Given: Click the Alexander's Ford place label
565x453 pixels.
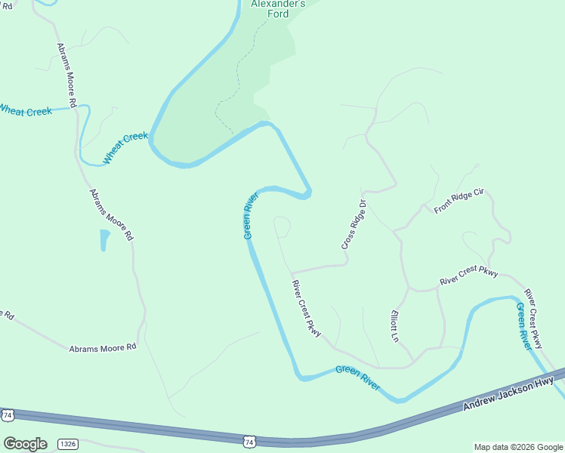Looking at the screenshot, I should point(278,8).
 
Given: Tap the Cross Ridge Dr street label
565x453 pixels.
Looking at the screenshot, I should point(354,225).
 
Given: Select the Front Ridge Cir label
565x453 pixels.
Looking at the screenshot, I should point(458,202).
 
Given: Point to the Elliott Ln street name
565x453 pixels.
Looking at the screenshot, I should point(394,325).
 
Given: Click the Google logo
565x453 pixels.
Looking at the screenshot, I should point(25,444).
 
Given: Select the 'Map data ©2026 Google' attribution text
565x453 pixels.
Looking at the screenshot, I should point(518,447).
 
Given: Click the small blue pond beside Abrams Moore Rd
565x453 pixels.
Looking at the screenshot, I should point(104,240).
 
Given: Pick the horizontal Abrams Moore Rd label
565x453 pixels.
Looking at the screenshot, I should point(103,348).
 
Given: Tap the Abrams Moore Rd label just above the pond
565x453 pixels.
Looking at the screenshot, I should point(111,214).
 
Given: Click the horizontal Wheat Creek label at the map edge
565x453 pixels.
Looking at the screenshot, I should point(25,111).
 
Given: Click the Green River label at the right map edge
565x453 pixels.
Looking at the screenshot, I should point(524,325).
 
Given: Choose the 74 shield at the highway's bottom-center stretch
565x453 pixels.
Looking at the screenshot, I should point(251,440).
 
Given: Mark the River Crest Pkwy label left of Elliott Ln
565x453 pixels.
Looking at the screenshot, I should point(307,308).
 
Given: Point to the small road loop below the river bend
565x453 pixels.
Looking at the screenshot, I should point(282,226).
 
